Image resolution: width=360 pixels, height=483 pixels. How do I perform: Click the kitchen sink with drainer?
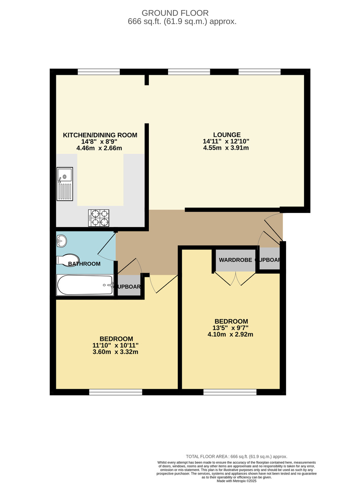click(x=65, y=184)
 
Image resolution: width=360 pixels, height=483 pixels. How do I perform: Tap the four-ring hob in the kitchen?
click(x=99, y=218)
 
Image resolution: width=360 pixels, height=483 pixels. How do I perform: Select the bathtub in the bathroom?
click(x=85, y=285)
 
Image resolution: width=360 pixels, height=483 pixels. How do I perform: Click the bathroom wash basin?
click(x=62, y=241)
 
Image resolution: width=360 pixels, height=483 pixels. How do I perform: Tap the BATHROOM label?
click(x=84, y=264)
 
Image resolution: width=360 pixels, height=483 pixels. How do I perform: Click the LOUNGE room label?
click(x=227, y=135)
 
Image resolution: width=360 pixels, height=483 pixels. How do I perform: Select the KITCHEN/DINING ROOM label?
click(x=100, y=135)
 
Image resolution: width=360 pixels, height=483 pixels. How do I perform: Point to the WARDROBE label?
click(x=235, y=260)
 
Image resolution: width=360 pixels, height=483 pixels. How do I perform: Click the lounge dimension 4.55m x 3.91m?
click(x=226, y=148)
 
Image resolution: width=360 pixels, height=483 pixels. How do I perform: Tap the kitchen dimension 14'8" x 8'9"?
click(x=99, y=142)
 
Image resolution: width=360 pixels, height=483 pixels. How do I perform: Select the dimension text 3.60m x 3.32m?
click(x=116, y=352)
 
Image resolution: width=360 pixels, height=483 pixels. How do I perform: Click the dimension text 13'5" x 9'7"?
click(x=231, y=328)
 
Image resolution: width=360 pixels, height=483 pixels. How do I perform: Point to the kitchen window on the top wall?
click(x=99, y=72)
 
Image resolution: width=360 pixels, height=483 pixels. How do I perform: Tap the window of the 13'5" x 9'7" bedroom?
click(x=230, y=392)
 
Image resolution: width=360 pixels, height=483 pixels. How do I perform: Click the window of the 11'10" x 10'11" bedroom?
click(x=116, y=392)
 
